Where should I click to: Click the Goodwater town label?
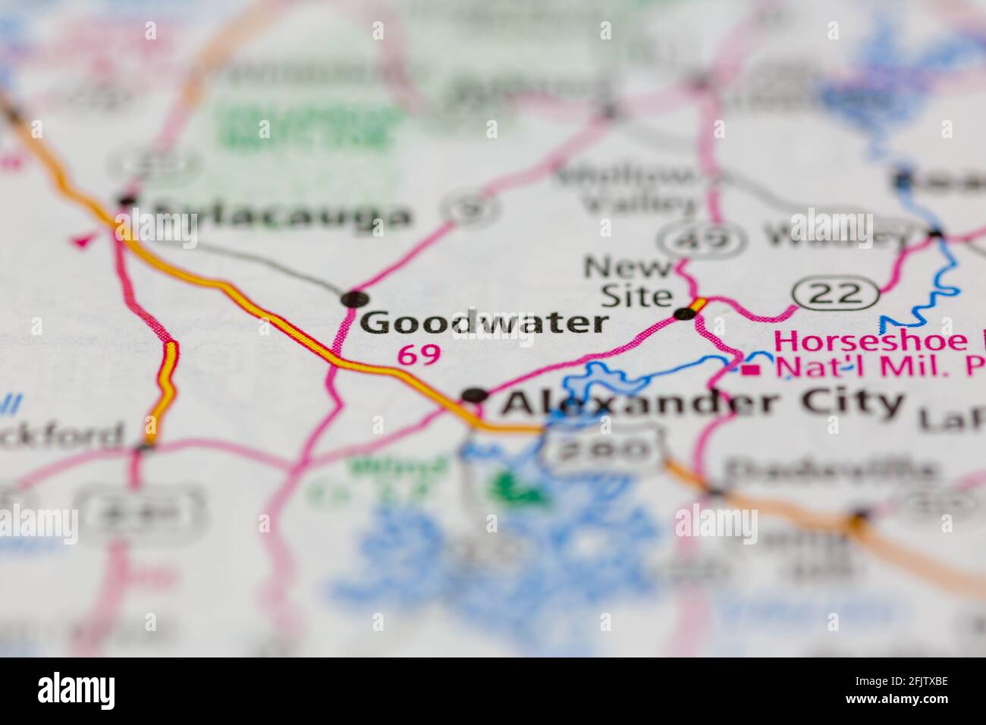(484, 323)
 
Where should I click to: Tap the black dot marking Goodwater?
(353, 299)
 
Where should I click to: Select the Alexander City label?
(702, 402)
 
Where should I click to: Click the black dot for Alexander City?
(475, 394)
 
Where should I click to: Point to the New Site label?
(630, 281)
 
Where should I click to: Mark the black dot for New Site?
(685, 313)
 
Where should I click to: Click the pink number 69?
(419, 354)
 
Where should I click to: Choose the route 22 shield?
(836, 293)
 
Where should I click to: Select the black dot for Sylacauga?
(127, 200)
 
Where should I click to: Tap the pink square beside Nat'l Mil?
(752, 370)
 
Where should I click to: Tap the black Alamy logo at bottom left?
(77, 690)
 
